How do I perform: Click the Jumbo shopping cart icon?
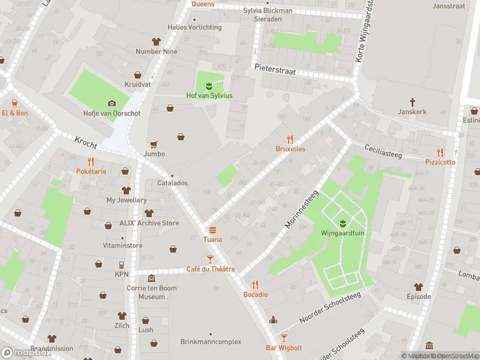click(x=154, y=144)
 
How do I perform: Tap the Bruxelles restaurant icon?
click(x=290, y=139)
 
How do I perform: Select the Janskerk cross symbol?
click(x=412, y=102)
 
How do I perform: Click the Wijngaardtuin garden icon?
click(x=343, y=224)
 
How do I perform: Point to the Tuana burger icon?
click(x=212, y=230)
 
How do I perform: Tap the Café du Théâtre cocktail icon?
click(x=210, y=259)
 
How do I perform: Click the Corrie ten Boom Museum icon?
click(x=151, y=279)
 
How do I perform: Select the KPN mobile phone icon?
click(x=121, y=265)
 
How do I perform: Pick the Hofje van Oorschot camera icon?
click(x=111, y=103)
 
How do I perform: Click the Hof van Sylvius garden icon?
click(x=209, y=85)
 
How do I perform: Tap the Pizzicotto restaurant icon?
click(x=440, y=152)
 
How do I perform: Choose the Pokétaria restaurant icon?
click(x=91, y=161)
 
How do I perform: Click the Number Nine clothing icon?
click(x=157, y=41)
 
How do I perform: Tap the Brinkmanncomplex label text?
click(x=211, y=341)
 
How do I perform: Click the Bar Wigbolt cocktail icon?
click(x=284, y=338)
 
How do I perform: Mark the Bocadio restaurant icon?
click(x=255, y=284)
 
